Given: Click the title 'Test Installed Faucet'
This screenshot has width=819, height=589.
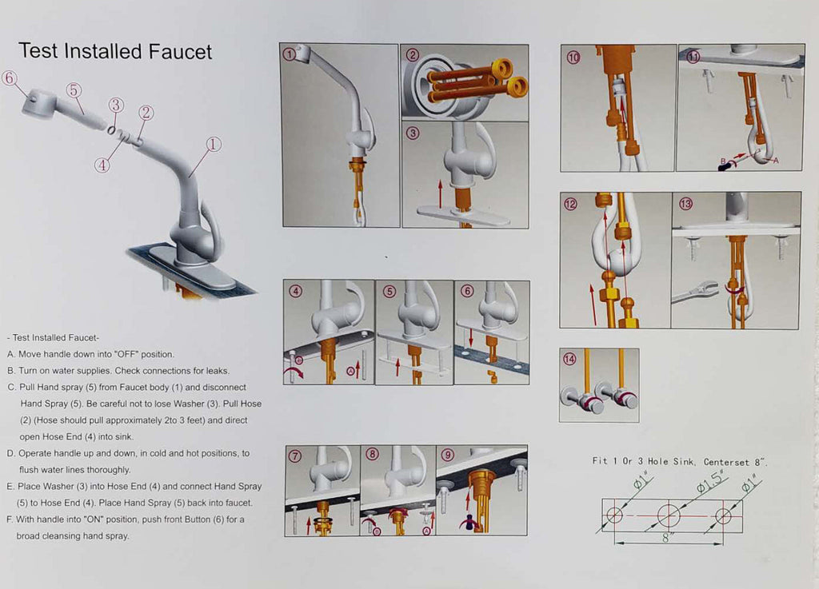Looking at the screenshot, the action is [115, 51].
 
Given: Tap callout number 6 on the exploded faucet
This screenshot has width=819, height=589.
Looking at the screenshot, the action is [10, 78].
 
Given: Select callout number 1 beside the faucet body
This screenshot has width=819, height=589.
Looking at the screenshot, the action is [213, 145].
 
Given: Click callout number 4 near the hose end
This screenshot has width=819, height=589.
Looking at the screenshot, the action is [102, 165].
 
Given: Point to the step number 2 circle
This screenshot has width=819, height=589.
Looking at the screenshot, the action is [413, 55].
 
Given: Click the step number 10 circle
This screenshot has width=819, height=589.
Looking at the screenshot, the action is [573, 58].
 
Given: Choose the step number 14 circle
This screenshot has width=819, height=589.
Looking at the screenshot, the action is [569, 359].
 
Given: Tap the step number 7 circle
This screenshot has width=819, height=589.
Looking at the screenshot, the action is [295, 456].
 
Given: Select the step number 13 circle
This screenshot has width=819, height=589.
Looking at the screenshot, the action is [685, 204].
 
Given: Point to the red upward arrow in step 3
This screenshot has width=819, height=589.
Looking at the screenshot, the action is [441, 193].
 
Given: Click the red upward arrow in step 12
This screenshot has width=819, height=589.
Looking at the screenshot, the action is [593, 304].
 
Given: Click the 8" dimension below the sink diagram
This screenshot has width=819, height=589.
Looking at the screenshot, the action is [667, 537].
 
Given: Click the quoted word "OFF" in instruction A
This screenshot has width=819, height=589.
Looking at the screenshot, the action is [126, 354].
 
